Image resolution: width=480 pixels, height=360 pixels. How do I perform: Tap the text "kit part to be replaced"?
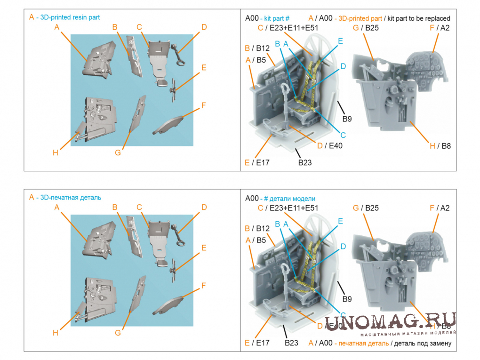point(417,18)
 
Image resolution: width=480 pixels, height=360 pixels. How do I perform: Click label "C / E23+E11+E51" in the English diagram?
point(288,28)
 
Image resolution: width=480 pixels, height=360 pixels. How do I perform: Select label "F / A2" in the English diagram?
point(440,28)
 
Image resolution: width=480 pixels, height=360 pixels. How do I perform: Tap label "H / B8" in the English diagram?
point(440,146)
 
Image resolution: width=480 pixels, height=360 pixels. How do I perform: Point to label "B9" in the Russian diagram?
point(347,299)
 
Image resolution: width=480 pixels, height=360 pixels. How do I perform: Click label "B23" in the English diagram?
point(304,163)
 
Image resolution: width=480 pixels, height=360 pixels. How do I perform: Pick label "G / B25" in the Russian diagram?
point(366,208)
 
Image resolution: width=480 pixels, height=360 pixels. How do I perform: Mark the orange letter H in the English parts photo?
point(56,152)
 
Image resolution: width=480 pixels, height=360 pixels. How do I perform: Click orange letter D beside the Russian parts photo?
point(204,207)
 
